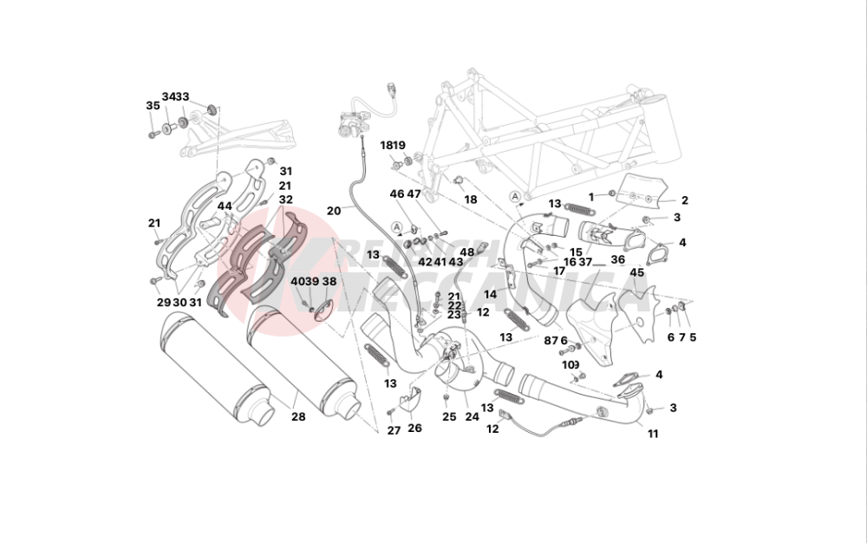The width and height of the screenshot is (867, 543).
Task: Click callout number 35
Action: click(x=153, y=105)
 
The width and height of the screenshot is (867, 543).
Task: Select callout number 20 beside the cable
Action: click(x=334, y=210)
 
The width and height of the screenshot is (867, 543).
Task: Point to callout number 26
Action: click(x=414, y=428)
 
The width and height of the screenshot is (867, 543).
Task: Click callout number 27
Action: click(x=393, y=430)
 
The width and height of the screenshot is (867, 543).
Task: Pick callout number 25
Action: click(x=448, y=416)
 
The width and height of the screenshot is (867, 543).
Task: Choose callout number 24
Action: click(x=472, y=416)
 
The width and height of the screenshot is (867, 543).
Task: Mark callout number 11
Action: click(x=653, y=434)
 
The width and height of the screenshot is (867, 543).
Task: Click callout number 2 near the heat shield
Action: click(x=684, y=200)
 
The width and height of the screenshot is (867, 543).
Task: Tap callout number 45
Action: click(x=637, y=272)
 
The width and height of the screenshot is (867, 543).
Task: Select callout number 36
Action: click(x=617, y=259)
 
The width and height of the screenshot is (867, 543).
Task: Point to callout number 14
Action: click(x=491, y=294)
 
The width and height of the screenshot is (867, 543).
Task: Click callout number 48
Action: click(x=467, y=252)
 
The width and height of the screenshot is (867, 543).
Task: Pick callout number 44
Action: click(x=225, y=206)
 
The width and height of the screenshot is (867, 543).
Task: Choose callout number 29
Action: click(x=163, y=302)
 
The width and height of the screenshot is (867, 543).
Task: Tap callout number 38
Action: click(x=329, y=282)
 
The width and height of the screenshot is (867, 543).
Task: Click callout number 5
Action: click(x=693, y=337)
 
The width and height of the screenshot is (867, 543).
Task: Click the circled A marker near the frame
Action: click(x=516, y=196)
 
